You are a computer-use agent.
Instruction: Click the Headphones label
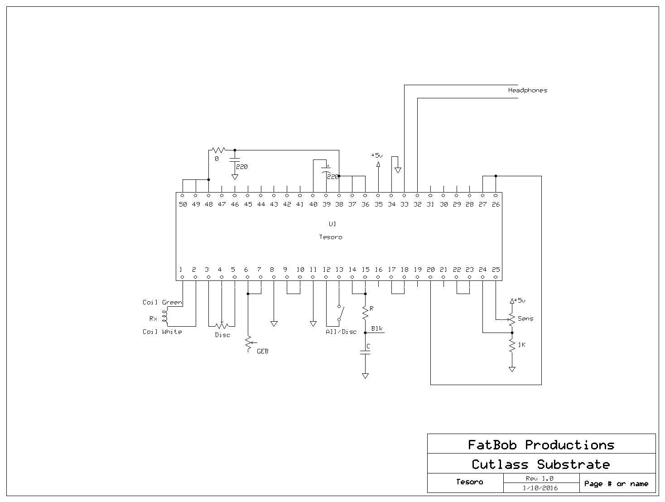tap(527, 90)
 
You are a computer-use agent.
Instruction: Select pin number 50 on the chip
tap(183, 204)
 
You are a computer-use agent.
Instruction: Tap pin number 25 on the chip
tap(496, 270)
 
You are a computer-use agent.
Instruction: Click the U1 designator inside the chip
tap(332, 224)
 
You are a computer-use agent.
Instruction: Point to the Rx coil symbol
tap(165, 317)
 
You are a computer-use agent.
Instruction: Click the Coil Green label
tap(162, 302)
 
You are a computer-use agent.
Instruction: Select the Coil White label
tap(162, 332)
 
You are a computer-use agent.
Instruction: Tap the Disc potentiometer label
tap(222, 335)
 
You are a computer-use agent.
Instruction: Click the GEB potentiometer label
tap(262, 351)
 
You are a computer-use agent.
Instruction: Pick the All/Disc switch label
tap(341, 332)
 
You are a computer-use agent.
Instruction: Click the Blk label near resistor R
tap(377, 328)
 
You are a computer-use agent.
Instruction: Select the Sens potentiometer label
tap(525, 319)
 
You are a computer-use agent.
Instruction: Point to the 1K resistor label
tap(521, 345)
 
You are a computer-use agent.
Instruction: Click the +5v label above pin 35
tap(376, 155)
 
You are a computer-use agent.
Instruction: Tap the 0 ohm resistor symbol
tap(218, 150)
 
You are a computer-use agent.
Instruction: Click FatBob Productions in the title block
tap(541, 445)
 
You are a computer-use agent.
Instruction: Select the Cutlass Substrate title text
tap(541, 464)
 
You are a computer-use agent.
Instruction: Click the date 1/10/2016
tap(540, 488)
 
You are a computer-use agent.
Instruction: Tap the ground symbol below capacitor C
tap(365, 376)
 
